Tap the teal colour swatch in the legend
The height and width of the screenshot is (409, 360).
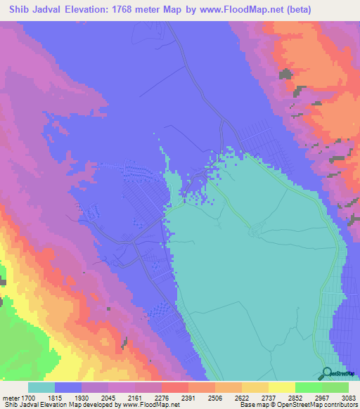point(41,388)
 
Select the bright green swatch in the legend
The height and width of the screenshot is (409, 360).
point(308,388)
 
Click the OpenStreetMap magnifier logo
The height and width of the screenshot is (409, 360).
point(328,373)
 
